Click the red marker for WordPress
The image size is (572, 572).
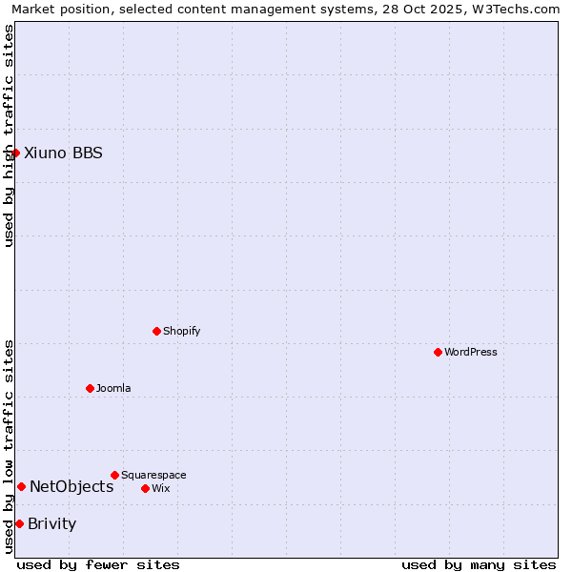[438, 352]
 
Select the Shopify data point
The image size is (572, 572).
[156, 331]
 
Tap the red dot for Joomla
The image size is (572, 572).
[90, 388]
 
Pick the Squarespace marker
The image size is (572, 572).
[114, 475]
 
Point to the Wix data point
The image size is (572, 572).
[145, 488]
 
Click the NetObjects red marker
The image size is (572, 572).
[21, 486]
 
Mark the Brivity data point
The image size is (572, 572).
[19, 523]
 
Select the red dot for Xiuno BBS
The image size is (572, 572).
[15, 153]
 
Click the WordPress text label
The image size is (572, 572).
[471, 352]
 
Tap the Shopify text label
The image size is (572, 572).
[182, 331]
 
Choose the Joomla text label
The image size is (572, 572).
[113, 388]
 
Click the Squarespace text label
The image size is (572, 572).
[153, 475]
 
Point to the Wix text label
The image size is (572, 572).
[161, 488]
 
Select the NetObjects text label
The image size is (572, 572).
[71, 486]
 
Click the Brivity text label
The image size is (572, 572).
[52, 523]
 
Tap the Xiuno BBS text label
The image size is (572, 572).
[63, 153]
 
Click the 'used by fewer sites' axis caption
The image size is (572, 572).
[98, 564]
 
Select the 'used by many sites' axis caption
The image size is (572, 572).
[479, 564]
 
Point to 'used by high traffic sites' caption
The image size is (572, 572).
[9, 135]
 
